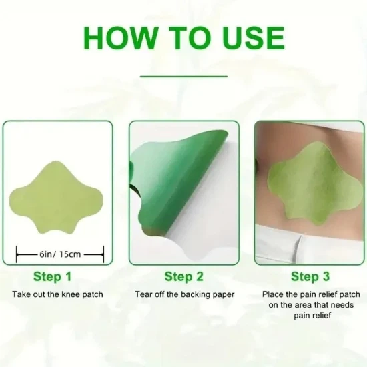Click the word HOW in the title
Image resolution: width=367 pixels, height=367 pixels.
tap(120, 38)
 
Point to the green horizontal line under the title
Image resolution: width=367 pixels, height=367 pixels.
tap(183, 76)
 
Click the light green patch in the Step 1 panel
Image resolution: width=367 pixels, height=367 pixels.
tap(56, 198)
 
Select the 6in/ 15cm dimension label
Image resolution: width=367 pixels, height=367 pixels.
tap(60, 254)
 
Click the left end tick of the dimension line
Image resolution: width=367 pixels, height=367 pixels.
tap(17, 254)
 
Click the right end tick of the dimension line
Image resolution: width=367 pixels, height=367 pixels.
tap(103, 254)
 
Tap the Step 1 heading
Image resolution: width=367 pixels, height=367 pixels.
tap(52, 276)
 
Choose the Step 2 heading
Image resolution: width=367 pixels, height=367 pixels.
tap(183, 276)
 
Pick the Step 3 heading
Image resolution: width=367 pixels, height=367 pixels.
tap(310, 276)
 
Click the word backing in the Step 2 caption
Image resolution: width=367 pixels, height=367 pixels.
tap(194, 295)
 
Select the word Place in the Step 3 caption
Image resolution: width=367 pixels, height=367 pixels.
tap(272, 294)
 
